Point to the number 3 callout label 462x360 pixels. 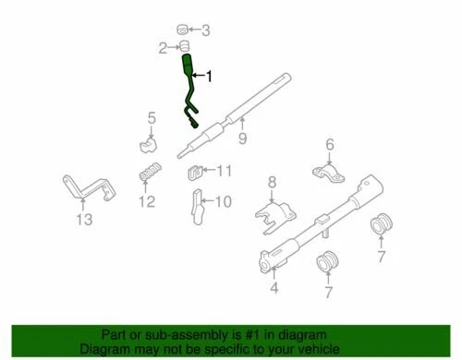[205, 30]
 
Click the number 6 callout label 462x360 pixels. [329, 144]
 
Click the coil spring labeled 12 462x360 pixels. [148, 174]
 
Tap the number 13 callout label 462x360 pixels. [85, 219]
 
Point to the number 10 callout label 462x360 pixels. [225, 199]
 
